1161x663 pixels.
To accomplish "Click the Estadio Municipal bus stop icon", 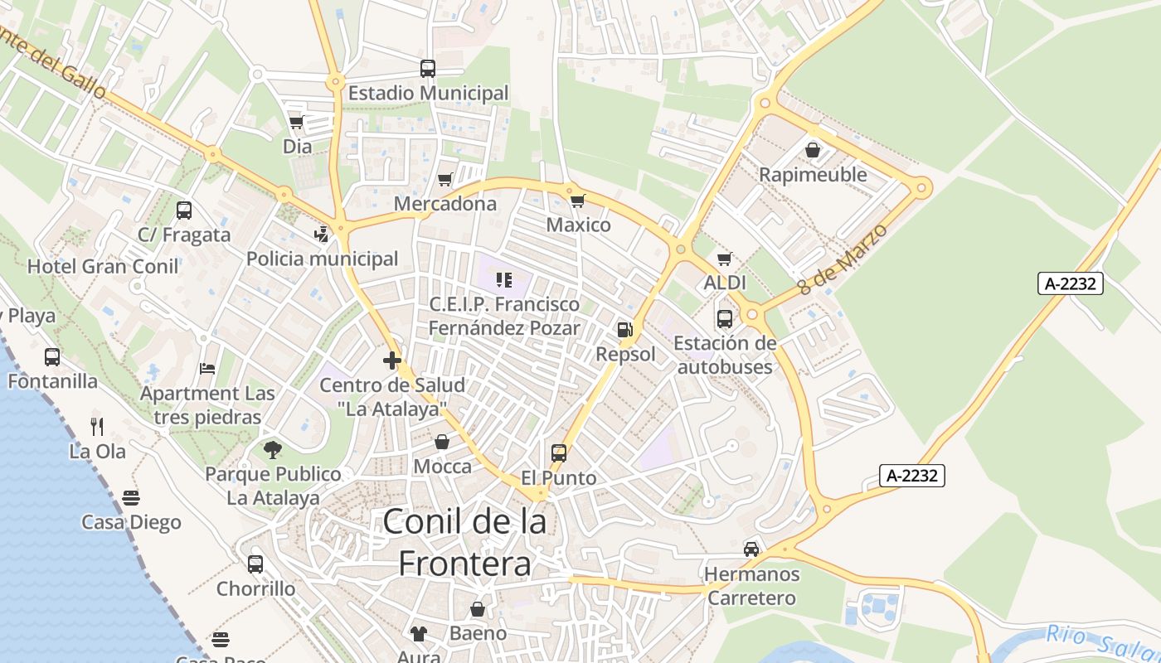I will click(428, 69).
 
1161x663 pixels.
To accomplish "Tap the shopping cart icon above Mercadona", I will click(445, 179).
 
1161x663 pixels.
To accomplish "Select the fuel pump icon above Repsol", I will click(624, 329).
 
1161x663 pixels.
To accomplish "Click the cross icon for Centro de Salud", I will click(392, 361).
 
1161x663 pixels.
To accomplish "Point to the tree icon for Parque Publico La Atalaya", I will click(272, 450).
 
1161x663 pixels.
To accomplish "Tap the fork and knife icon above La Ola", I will click(97, 427).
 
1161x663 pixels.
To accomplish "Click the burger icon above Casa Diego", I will click(131, 497).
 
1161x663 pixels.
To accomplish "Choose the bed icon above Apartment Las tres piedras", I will click(207, 368).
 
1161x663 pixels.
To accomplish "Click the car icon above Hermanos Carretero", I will click(751, 549).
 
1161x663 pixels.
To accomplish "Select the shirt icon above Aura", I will click(419, 634).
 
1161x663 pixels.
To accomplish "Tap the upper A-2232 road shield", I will click(1070, 283).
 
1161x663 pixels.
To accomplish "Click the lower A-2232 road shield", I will click(912, 476).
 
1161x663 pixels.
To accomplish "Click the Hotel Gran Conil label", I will click(103, 266).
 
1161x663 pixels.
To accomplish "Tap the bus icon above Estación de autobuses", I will click(725, 318).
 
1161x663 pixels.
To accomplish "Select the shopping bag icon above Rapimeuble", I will click(813, 150).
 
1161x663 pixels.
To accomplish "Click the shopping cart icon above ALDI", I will click(725, 259).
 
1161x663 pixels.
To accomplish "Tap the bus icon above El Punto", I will click(559, 453).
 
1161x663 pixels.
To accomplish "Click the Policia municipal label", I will click(323, 259).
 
